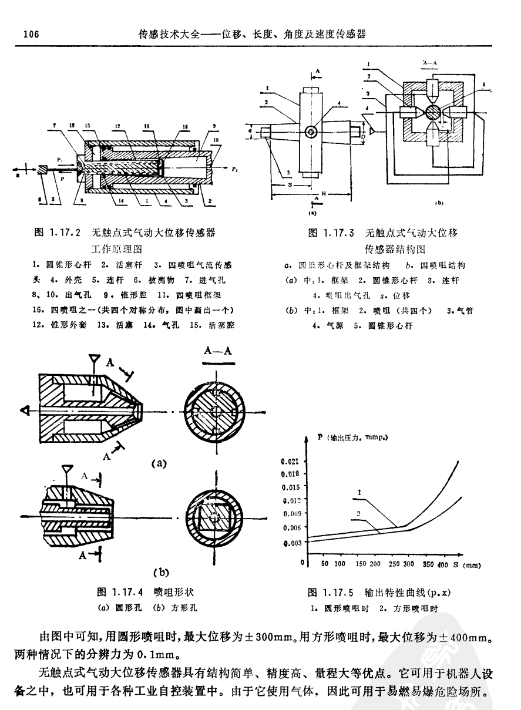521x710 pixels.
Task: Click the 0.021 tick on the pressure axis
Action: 292,461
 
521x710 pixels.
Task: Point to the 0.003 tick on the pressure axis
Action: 292,543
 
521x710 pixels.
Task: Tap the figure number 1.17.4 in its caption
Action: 127,591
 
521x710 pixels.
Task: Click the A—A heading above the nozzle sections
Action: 218,352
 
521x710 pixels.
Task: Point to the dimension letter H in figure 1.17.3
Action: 322,193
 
